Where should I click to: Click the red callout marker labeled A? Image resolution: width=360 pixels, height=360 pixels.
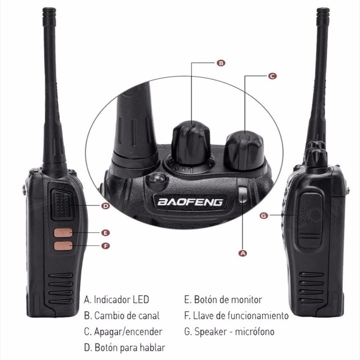click(243, 253)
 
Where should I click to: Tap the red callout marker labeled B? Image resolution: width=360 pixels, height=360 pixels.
click(221, 63)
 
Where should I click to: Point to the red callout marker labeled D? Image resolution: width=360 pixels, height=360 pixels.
click(105, 206)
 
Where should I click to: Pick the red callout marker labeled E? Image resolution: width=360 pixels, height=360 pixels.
click(105, 233)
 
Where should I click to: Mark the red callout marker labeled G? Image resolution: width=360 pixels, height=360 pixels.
click(264, 215)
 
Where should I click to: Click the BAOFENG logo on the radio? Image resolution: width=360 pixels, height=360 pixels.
click(190, 202)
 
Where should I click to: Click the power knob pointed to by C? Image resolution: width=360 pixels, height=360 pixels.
click(244, 149)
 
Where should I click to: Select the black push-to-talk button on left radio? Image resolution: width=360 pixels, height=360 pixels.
click(62, 204)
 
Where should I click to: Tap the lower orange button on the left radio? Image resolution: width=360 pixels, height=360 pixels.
click(63, 246)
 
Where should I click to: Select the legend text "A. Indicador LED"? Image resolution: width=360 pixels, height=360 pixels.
click(116, 300)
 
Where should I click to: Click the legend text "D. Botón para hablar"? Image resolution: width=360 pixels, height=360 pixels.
click(125, 348)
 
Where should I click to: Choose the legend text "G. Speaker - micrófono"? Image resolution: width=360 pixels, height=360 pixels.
click(229, 332)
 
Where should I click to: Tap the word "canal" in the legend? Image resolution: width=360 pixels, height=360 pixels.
click(148, 316)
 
